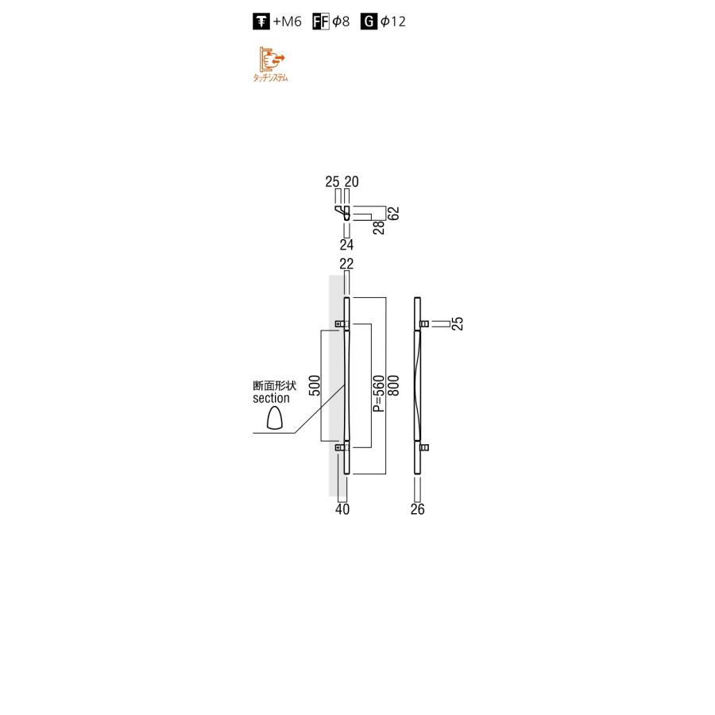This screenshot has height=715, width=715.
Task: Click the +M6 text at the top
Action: pyautogui.click(x=288, y=22)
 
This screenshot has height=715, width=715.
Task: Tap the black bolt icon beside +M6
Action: pyautogui.click(x=261, y=22)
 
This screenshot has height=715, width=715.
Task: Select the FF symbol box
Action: pyautogui.click(x=321, y=22)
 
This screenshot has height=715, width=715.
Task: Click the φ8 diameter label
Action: pyautogui.click(x=341, y=22)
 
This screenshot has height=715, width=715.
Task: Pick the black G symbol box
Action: pyautogui.click(x=369, y=22)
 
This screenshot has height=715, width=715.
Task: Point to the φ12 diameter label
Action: pyautogui.click(x=392, y=22)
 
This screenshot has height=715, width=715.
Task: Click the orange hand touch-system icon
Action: pyautogui.click(x=271, y=59)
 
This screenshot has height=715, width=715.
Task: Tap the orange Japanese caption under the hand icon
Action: pyautogui.click(x=270, y=78)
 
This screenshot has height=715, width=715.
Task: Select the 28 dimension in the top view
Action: pyautogui.click(x=380, y=226)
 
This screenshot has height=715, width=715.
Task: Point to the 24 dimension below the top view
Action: pyautogui.click(x=346, y=245)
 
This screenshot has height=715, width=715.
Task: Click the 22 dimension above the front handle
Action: pyautogui.click(x=346, y=264)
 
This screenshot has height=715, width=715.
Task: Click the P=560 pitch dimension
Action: pyautogui.click(x=379, y=394)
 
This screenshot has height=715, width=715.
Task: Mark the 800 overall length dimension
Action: pyautogui.click(x=393, y=386)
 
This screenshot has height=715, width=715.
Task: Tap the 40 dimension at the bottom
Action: pyautogui.click(x=342, y=510)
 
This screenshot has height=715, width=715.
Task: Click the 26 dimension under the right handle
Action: pyautogui.click(x=418, y=510)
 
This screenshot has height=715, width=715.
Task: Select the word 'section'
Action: pyautogui.click(x=271, y=398)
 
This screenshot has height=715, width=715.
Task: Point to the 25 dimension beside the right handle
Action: pyautogui.click(x=458, y=323)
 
